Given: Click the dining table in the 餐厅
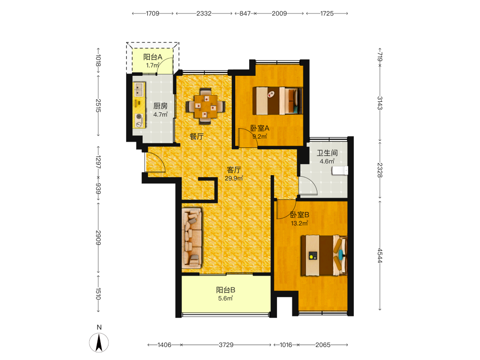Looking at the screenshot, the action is (x=205, y=106).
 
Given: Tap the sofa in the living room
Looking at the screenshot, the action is (x=192, y=238).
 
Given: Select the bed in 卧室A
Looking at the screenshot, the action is (x=277, y=101).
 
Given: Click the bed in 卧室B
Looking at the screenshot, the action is (x=324, y=255).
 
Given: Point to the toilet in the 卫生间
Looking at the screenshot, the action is (x=340, y=170).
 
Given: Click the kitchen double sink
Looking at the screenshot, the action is (x=139, y=89).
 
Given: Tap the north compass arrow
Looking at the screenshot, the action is (x=99, y=343).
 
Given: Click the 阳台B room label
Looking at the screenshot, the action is (x=226, y=290).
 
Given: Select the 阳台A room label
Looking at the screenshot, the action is (x=153, y=57).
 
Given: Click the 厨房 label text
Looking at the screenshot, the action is (x=160, y=106).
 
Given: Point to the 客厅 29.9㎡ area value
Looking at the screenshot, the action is (x=234, y=178).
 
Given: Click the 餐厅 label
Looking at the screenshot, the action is (x=196, y=136).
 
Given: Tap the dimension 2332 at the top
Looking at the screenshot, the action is (x=204, y=13).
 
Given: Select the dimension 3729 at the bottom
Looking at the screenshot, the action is (x=226, y=345).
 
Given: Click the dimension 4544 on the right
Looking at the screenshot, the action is (x=380, y=255).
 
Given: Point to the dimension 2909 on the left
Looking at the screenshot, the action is (x=98, y=238).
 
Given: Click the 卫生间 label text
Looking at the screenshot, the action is (x=327, y=153).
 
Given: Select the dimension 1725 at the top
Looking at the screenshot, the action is (x=327, y=13).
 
